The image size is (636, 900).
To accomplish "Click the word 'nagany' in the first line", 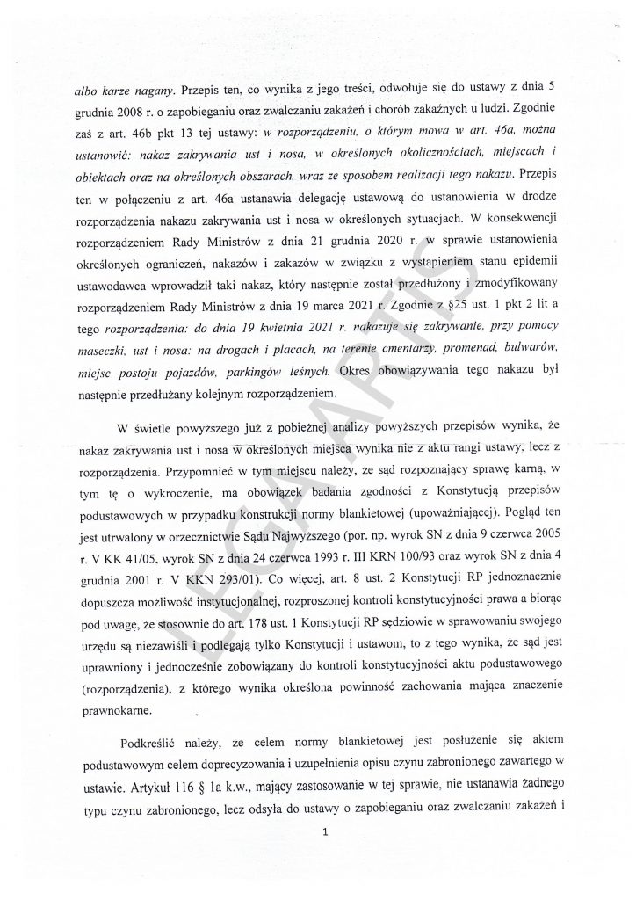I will [x=155, y=87].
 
